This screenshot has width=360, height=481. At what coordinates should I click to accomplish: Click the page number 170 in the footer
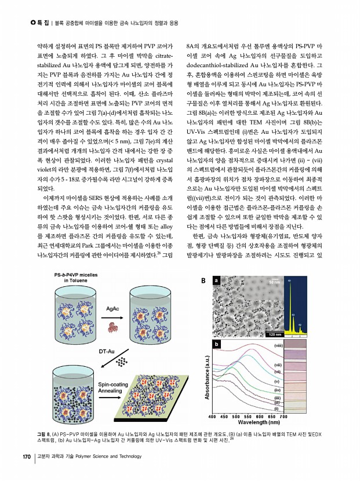[x=26, y=457]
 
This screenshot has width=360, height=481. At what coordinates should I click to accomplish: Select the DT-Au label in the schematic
[x=106, y=351]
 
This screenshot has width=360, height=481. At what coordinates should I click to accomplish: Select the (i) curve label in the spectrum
[x=277, y=408]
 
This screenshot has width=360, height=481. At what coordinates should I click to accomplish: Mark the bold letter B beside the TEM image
[x=202, y=281]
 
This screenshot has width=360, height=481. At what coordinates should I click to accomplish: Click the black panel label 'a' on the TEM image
[x=216, y=281]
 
